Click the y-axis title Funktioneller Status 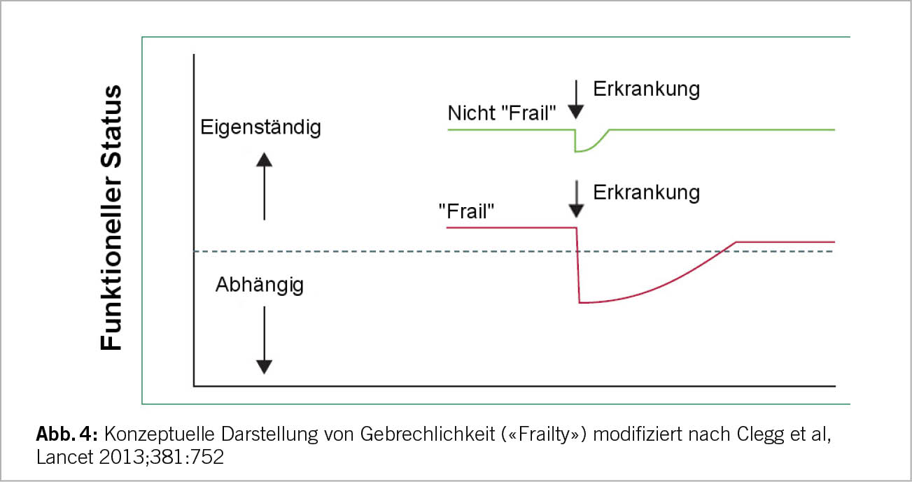(112, 218)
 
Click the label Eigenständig (260, 128)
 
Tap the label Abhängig (260, 285)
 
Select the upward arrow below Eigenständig (264, 187)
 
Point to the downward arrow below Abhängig (264, 338)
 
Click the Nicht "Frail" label (502, 113)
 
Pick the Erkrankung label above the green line (646, 90)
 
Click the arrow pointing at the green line (576, 99)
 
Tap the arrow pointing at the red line (576, 198)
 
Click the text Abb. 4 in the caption (67, 435)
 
